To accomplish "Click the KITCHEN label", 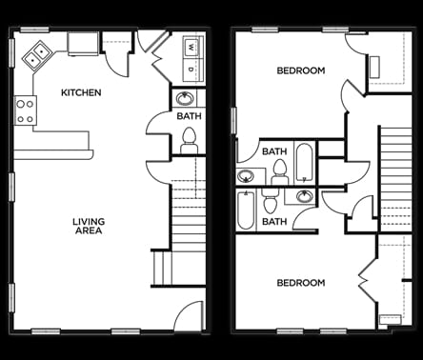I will [x=81, y=92].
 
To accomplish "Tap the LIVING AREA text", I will [x=89, y=227].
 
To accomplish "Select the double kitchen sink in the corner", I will [x=37, y=56].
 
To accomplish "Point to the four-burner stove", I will [x=25, y=110].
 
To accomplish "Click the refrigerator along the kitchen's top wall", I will [x=83, y=43].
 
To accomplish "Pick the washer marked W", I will [x=191, y=47].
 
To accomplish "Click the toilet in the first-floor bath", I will [x=189, y=139].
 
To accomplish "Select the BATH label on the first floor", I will [x=189, y=116].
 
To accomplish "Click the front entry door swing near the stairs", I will [x=189, y=316].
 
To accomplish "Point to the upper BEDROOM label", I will [x=300, y=70].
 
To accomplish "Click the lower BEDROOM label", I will [x=300, y=283].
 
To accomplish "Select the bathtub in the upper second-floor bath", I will [x=304, y=161].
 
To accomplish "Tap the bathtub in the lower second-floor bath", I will [x=246, y=210].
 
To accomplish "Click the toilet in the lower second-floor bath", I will [x=271, y=203].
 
